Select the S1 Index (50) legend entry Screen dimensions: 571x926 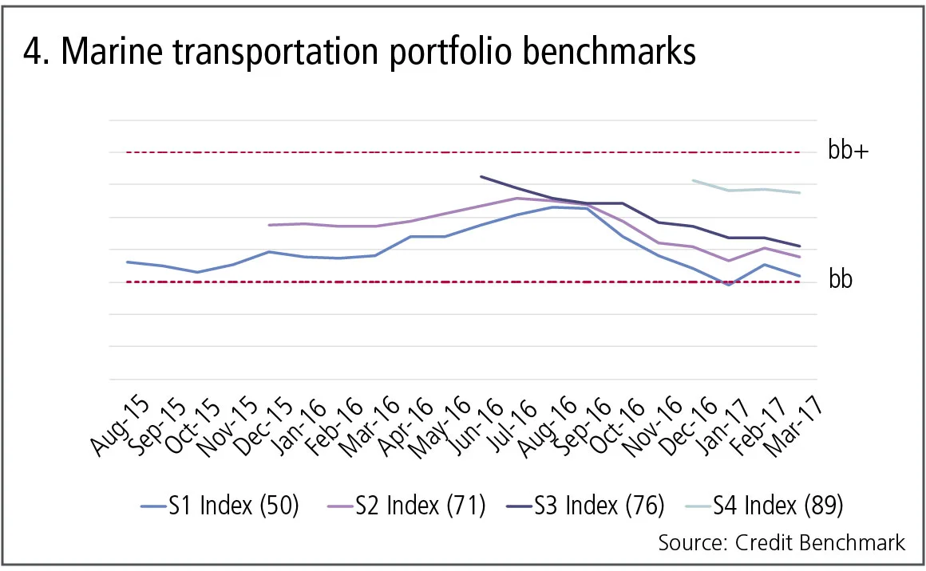click(219, 506)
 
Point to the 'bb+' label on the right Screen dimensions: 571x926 click(848, 152)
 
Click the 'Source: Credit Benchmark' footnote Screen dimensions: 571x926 click(782, 543)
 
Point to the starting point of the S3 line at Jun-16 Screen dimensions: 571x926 click(481, 176)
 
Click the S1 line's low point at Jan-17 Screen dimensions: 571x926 click(728, 285)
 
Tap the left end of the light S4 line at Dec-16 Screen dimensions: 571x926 click(693, 180)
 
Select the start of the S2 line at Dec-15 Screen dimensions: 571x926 click(269, 225)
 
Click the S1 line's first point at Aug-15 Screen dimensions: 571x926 click(128, 262)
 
